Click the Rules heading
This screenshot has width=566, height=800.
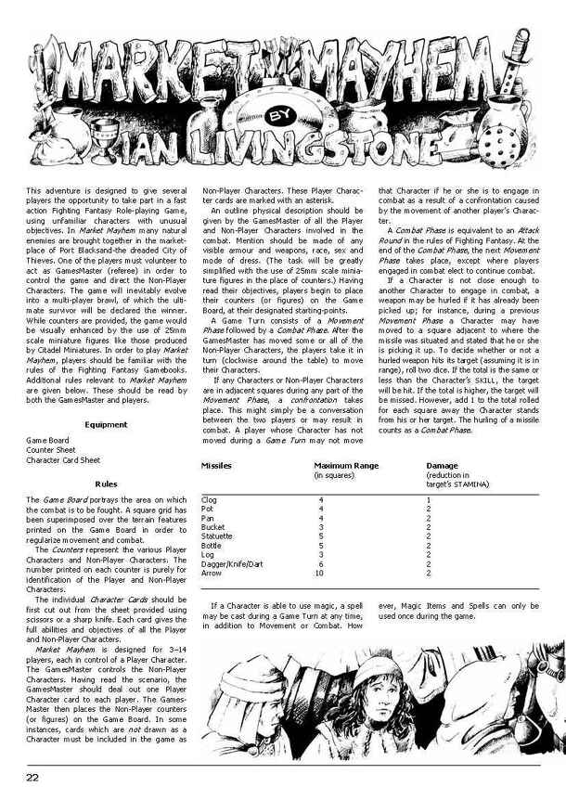click(x=106, y=484)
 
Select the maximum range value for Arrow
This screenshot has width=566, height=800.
click(x=319, y=573)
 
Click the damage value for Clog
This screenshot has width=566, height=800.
click(x=427, y=499)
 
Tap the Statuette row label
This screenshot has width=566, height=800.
click(x=217, y=536)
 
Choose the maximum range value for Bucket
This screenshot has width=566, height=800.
click(x=320, y=527)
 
